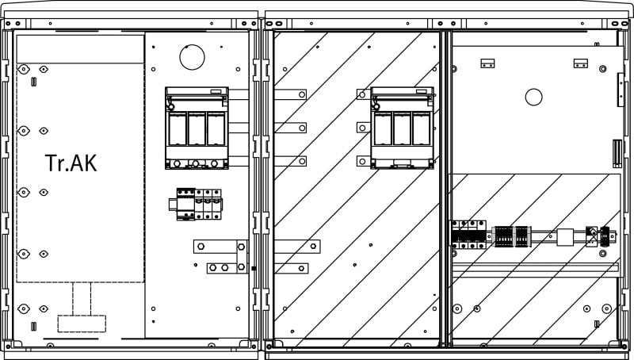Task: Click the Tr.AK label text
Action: click(71, 163)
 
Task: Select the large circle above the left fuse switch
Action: click(192, 57)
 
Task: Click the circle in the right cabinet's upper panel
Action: click(533, 97)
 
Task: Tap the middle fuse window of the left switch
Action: click(197, 129)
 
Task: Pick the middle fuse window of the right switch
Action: click(403, 129)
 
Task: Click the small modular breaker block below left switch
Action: click(196, 204)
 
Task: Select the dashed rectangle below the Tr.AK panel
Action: click(82, 324)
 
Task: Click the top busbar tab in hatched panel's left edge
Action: click(290, 94)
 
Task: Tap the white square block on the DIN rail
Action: click(565, 237)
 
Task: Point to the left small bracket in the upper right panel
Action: click(487, 63)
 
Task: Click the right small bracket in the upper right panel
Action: click(581, 63)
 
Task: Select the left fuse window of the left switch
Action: click(178, 129)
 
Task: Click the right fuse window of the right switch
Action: click(422, 129)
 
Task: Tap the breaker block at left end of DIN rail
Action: click(468, 235)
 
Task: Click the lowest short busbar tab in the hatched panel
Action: click(291, 268)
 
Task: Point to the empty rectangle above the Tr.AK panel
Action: click(81, 49)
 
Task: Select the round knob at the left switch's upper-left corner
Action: click(171, 107)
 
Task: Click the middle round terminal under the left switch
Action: click(196, 164)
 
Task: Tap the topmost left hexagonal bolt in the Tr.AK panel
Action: click(24, 69)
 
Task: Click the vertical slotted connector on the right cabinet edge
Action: click(617, 153)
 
